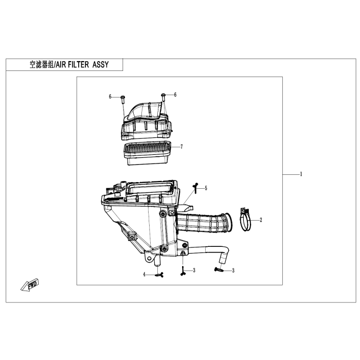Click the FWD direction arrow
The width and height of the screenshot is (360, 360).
pyautogui.click(x=30, y=285)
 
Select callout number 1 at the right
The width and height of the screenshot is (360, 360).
pyautogui.click(x=301, y=174)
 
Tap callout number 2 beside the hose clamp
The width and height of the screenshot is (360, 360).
pyautogui.click(x=261, y=220)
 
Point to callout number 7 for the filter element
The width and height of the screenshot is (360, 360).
pyautogui.click(x=182, y=147)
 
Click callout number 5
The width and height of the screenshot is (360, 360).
pyautogui.click(x=206, y=188)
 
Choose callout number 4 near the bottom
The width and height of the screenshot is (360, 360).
pyautogui.click(x=144, y=274)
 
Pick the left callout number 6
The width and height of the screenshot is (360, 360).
pyautogui.click(x=110, y=97)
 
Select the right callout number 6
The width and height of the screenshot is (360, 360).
pyautogui.click(x=175, y=95)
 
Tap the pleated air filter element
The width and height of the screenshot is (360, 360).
pyautogui.click(x=148, y=153)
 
